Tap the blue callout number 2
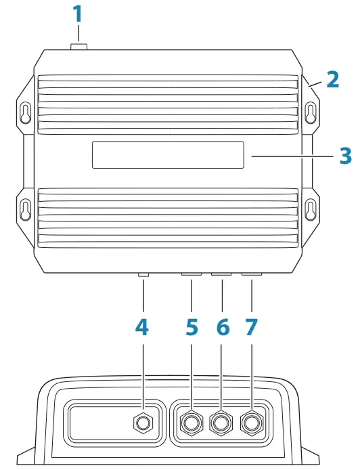click(332, 79)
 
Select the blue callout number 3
click(345, 155)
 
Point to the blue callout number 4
click(142, 327)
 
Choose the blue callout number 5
click(192, 327)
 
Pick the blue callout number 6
click(223, 327)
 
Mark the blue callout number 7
click(252, 327)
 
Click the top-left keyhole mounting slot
click(25, 112)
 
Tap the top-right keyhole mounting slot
click(310, 112)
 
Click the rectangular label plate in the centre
click(168, 155)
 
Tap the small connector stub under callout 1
click(78, 47)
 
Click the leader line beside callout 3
click(292, 155)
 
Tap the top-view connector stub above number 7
click(252, 276)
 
